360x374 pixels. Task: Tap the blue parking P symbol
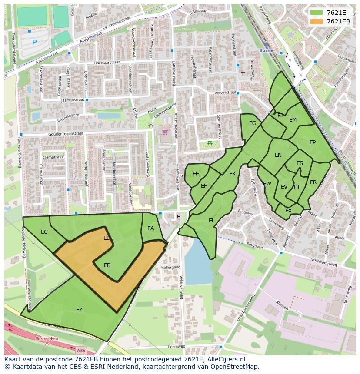34,42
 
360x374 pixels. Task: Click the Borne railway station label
266,50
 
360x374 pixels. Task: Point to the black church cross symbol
243,74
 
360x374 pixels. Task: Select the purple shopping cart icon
165,132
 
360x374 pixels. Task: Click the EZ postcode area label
79,310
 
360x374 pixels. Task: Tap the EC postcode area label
44,232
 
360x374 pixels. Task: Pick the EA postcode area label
150,228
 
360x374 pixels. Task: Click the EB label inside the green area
107,265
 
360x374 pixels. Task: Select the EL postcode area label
211,221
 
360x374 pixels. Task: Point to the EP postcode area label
312,142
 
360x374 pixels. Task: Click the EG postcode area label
252,124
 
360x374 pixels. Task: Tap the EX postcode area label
288,211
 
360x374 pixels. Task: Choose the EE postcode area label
196,174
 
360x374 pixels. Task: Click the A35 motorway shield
80,350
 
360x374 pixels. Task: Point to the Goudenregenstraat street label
65,134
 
